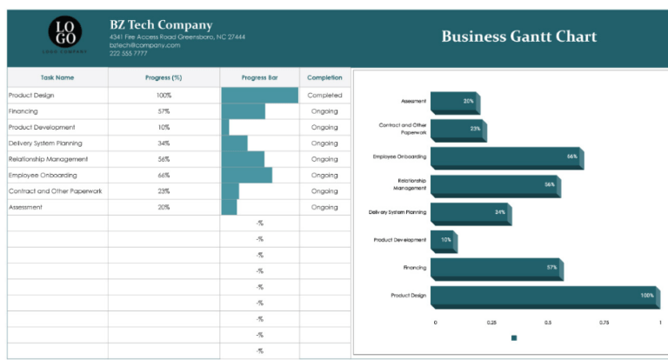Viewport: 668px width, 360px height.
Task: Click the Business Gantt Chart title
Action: [518, 37]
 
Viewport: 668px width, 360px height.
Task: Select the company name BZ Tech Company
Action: [161, 25]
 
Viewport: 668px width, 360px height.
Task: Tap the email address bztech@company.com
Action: [144, 45]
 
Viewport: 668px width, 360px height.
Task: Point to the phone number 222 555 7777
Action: [128, 53]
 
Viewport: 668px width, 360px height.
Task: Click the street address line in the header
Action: [177, 37]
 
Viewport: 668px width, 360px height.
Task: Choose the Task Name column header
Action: [57, 77]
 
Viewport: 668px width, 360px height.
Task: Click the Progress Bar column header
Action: [259, 77]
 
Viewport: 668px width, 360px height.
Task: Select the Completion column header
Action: [324, 77]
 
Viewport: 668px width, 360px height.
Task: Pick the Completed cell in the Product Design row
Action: [324, 96]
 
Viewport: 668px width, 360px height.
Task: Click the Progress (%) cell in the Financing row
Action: [164, 111]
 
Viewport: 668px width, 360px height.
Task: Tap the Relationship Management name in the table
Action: [48, 159]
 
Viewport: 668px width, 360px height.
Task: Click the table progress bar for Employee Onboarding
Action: [247, 175]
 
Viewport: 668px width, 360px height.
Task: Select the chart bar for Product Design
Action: [544, 296]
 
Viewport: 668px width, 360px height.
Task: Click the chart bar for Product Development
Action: [443, 240]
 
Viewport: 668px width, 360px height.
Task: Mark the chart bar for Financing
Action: [496, 268]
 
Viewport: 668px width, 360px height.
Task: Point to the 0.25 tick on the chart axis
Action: [491, 322]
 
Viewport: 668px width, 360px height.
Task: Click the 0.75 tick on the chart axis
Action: [604, 322]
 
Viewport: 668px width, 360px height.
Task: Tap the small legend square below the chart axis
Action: [514, 338]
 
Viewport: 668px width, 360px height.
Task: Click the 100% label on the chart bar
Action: [646, 296]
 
